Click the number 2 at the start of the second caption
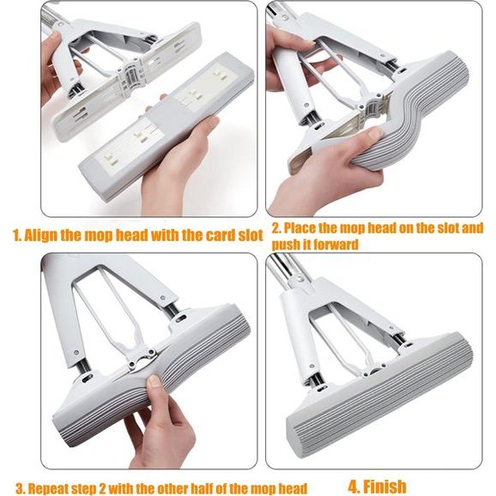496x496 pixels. pyautogui.click(x=275, y=228)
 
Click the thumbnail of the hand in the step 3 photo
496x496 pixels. pyautogui.click(x=154, y=380)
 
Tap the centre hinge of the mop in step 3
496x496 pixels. pyautogui.click(x=142, y=359)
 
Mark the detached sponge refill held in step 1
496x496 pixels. pyautogui.click(x=165, y=126)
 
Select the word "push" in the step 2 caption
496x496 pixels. pyautogui.click(x=285, y=245)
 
